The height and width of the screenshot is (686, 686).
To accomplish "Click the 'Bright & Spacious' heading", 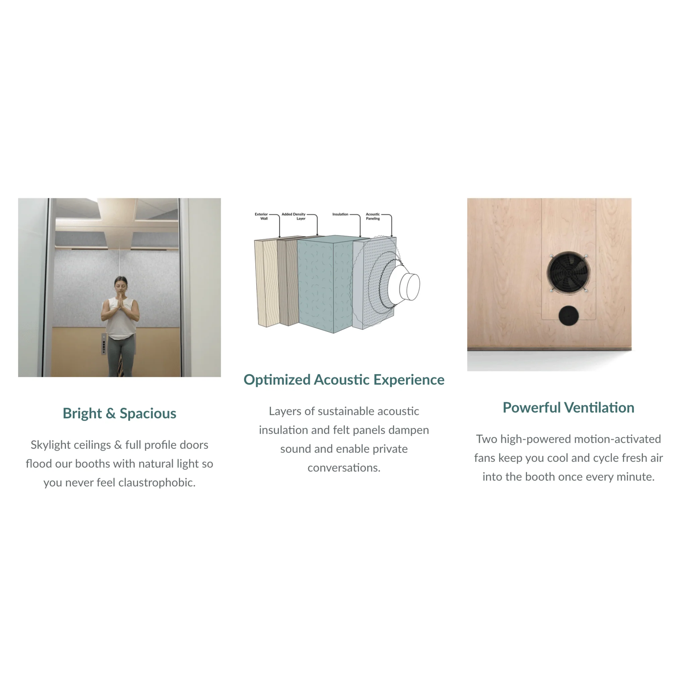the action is tap(119, 414).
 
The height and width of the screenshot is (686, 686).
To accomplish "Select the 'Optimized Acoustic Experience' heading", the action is tap(344, 380).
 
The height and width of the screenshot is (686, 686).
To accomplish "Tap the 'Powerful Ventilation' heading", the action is tap(568, 408).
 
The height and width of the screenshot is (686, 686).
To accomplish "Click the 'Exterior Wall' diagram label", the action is tap(261, 216).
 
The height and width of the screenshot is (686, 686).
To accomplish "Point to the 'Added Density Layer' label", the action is tap(294, 216).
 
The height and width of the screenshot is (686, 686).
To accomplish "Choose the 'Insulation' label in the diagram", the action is tap(340, 214).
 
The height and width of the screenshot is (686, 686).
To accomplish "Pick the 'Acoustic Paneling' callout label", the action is tap(373, 216).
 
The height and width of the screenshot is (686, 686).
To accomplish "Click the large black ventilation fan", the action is tap(568, 273).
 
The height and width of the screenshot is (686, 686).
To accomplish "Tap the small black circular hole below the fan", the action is tap(568, 316).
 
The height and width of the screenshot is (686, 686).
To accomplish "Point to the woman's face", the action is tap(121, 285).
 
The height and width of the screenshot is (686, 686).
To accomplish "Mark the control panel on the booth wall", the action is tap(104, 344).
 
